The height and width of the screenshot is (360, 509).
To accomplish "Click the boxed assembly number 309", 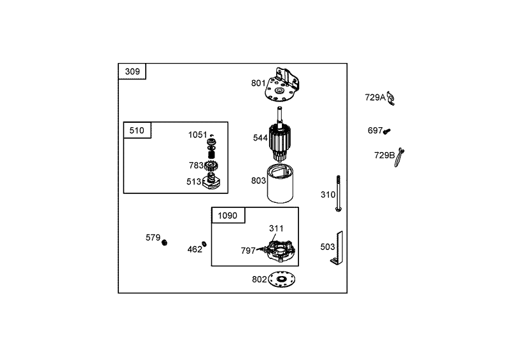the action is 132,71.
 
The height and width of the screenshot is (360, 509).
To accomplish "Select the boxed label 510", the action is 137,130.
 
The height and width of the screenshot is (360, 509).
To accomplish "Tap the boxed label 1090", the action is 228,216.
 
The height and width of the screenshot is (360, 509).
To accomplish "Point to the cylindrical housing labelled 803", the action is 280,184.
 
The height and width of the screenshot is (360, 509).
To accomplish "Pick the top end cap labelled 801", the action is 282,85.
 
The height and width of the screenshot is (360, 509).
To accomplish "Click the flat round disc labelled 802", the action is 281,279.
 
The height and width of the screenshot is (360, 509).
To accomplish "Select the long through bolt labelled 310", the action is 338,193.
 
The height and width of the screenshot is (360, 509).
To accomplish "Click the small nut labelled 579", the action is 165,242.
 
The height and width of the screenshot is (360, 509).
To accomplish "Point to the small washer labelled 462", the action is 204,244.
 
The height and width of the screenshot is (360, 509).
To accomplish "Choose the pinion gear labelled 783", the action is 211,166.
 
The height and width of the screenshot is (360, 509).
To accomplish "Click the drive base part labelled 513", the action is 211,182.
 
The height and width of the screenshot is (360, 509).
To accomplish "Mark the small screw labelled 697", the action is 387,131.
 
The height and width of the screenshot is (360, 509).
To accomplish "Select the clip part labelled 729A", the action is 391,99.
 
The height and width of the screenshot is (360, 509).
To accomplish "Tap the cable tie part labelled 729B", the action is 399,158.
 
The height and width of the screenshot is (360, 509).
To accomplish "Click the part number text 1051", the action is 198,135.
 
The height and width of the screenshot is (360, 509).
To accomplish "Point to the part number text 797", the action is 248,251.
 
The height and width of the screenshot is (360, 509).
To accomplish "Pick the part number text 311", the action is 276,228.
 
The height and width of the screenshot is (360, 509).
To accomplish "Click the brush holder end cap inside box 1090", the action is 280,251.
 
